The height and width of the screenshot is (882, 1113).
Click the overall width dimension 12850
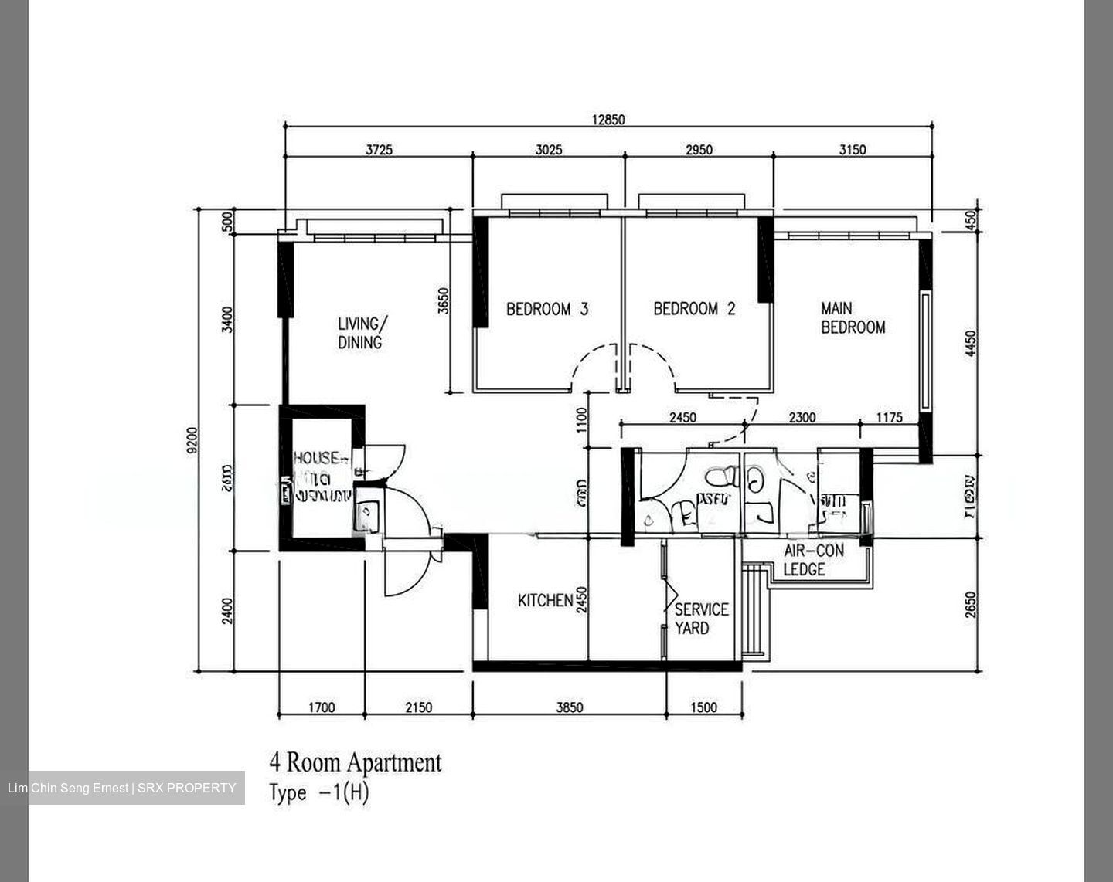point(608,120)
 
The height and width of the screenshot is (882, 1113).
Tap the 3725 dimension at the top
point(379,150)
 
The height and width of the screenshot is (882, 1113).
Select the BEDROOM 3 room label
point(547,309)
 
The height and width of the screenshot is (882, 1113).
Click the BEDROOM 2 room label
point(694,309)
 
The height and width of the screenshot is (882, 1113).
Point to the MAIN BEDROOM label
point(853,318)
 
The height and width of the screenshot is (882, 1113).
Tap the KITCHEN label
point(545,600)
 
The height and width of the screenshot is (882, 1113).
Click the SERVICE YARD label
point(700,619)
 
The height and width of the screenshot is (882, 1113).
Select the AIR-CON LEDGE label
point(813,560)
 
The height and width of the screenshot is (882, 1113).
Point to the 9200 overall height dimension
point(192,440)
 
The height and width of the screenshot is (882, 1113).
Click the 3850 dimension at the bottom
point(570,707)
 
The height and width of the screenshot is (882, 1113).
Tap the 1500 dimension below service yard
point(703,707)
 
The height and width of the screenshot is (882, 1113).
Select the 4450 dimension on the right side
point(971,344)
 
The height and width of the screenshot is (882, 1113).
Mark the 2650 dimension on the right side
point(971,605)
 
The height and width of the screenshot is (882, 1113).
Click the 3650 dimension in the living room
point(443,301)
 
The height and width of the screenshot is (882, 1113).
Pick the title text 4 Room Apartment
point(356,762)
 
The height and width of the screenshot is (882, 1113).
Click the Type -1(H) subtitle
point(319,793)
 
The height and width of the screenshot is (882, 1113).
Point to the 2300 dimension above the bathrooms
point(802,418)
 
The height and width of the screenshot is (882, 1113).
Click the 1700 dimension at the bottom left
point(321,707)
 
